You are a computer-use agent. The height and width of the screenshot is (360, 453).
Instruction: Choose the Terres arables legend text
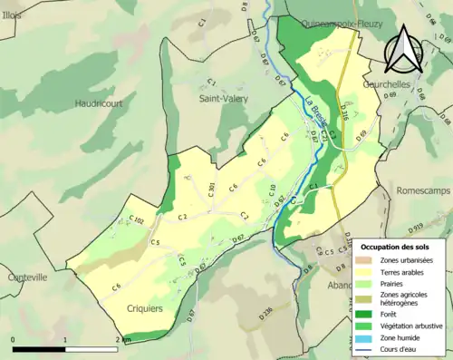pyautogui.click(x=405, y=270)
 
